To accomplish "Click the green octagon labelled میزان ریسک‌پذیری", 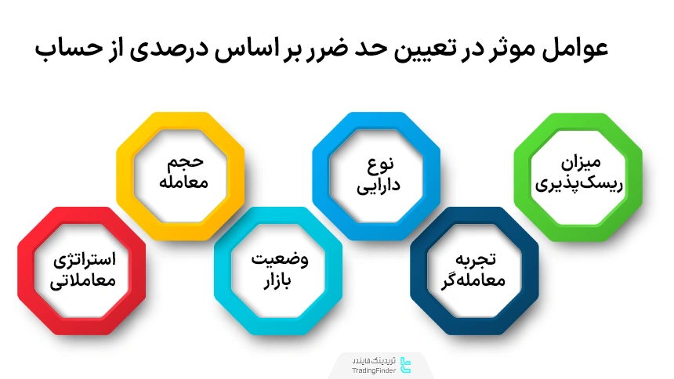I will click(578, 175).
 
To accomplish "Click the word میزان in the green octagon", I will click(580, 164).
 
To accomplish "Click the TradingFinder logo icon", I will click(404, 363).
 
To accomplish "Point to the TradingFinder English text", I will click(372, 369).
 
